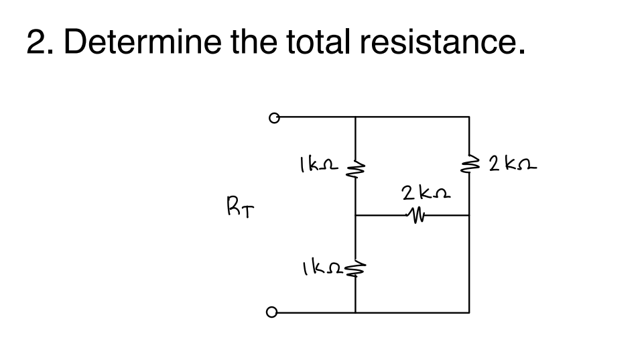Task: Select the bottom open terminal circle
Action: (273, 312)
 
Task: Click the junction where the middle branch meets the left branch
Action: (355, 216)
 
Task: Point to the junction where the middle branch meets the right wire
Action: (468, 216)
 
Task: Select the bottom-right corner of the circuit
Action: (468, 312)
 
